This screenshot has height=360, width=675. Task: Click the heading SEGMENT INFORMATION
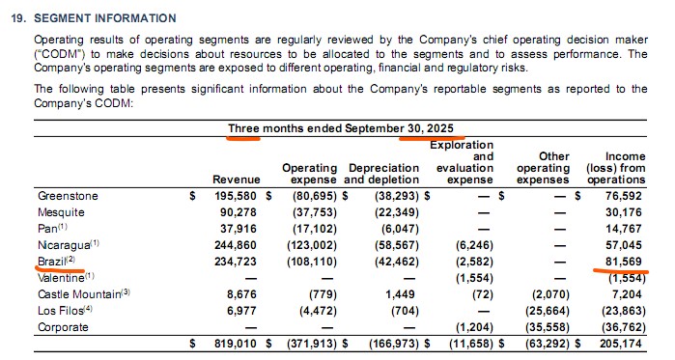click(105, 18)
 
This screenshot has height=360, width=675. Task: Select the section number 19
click(19, 18)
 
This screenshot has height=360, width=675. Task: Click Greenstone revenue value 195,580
click(236, 196)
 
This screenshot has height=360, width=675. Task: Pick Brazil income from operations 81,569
click(624, 262)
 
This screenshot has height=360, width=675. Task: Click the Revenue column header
click(237, 180)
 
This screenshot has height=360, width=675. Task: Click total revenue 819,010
click(236, 344)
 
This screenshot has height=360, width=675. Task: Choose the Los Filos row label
click(65, 311)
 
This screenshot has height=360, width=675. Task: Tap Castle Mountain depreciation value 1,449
click(401, 294)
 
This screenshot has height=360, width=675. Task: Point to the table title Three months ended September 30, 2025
click(341, 128)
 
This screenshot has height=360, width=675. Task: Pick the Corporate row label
click(63, 327)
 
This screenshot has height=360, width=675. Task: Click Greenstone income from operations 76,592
click(624, 196)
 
